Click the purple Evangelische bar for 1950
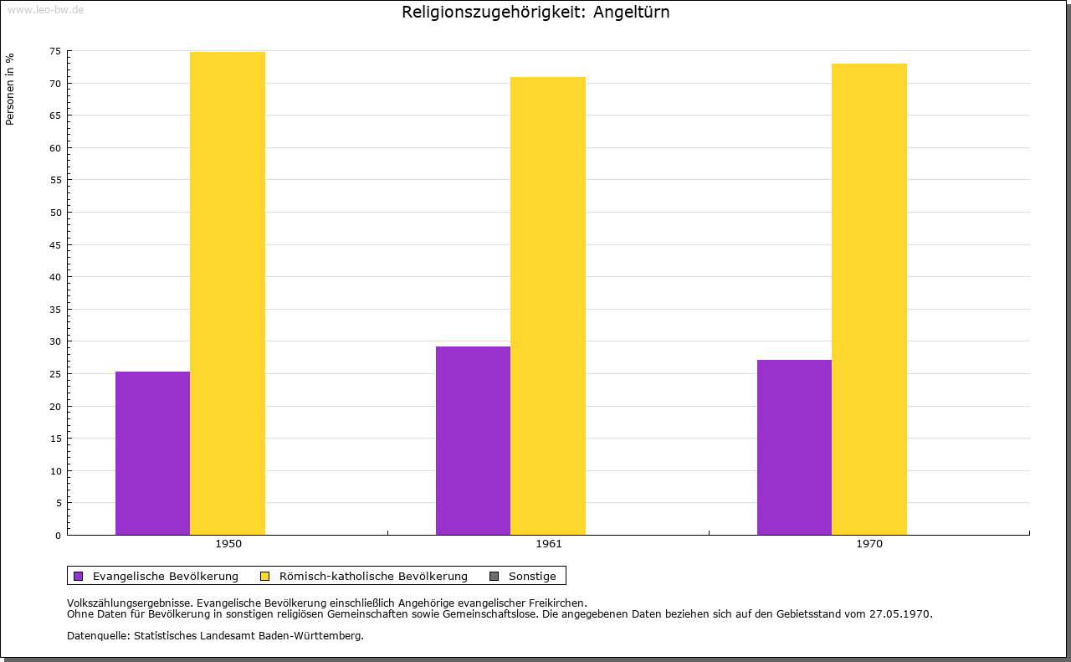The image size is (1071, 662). pyautogui.click(x=152, y=453)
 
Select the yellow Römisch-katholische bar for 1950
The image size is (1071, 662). pyautogui.click(x=228, y=293)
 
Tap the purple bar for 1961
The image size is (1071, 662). pyautogui.click(x=473, y=440)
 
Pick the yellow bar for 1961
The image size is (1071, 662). pyautogui.click(x=548, y=305)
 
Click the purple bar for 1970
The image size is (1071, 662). pyautogui.click(x=794, y=447)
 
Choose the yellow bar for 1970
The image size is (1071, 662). pyautogui.click(x=869, y=299)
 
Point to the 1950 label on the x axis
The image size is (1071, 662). pyautogui.click(x=228, y=544)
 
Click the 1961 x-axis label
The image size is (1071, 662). pyautogui.click(x=549, y=544)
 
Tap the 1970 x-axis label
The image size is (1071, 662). pyautogui.click(x=869, y=544)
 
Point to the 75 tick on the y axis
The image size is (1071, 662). pyautogui.click(x=55, y=51)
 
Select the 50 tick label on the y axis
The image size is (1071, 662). pyautogui.click(x=55, y=213)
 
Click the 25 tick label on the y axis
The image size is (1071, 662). pyautogui.click(x=55, y=374)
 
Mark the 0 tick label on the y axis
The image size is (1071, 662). pyautogui.click(x=58, y=536)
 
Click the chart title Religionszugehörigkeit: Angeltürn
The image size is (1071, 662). pyautogui.click(x=535, y=13)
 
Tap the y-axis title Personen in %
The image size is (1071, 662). pyautogui.click(x=10, y=89)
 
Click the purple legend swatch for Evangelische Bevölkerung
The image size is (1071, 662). pyautogui.click(x=79, y=576)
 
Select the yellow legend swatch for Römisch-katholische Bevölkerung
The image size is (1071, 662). pyautogui.click(x=264, y=576)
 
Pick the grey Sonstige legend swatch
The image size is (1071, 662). pyautogui.click(x=494, y=576)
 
